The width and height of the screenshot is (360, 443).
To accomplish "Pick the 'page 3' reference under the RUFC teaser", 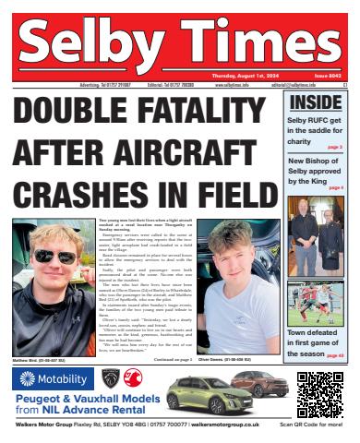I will tap(333, 147).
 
